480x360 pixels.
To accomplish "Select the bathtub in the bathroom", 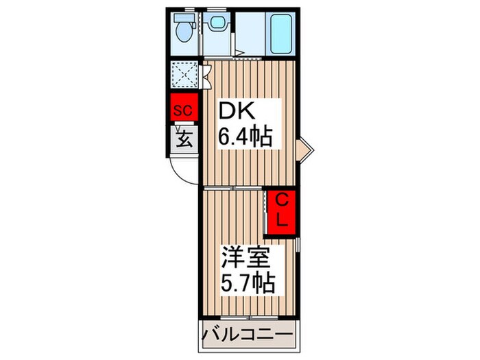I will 281,34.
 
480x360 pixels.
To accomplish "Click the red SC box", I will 183,109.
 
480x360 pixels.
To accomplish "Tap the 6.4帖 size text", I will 245,137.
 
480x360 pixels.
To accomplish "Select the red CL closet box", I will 282,211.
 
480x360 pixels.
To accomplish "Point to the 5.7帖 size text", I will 247,283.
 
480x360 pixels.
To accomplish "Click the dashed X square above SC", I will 183,74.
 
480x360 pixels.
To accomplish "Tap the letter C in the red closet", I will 282,200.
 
